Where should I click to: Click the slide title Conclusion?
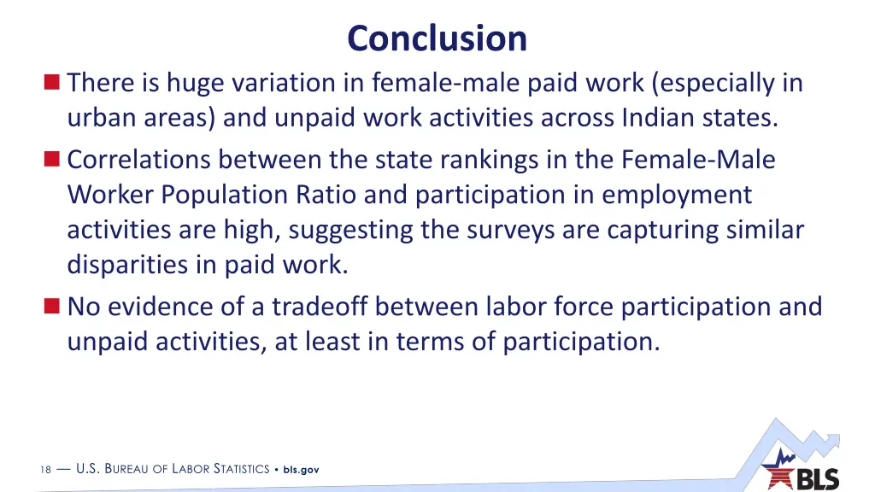[437, 38]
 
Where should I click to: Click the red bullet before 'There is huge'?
[53, 83]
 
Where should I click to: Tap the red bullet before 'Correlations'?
[53, 159]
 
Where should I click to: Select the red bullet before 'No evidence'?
[53, 305]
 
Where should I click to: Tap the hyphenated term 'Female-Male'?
[699, 160]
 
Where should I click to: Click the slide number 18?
[45, 470]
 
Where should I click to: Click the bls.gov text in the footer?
[301, 470]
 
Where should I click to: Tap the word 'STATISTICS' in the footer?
[241, 470]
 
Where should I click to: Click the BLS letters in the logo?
[818, 479]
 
